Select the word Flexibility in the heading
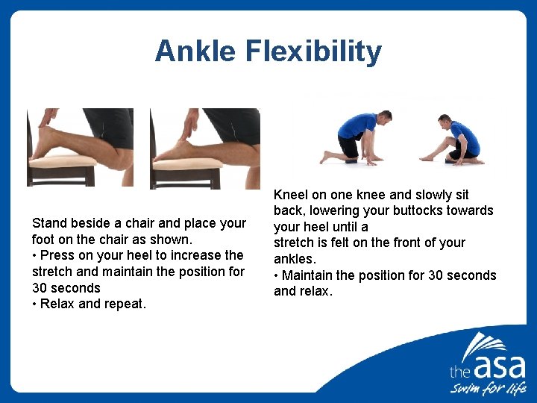[x=322, y=51]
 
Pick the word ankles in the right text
[x=294, y=259]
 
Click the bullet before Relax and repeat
[x=35, y=304]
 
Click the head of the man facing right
[x=384, y=119]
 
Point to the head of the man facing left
[x=445, y=121]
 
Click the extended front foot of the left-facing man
[x=428, y=157]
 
